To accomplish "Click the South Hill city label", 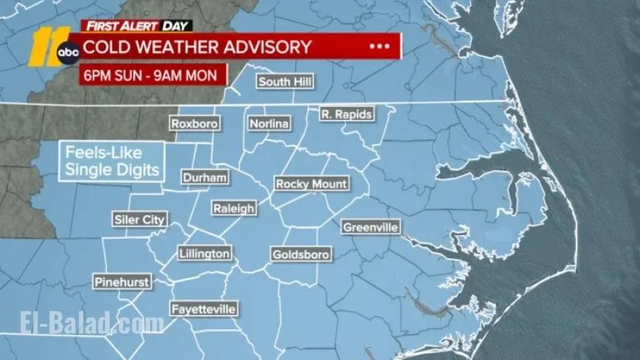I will click(x=285, y=82).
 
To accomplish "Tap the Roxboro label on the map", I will click(x=194, y=124).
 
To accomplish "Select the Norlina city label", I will click(x=269, y=124).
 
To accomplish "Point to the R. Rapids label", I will click(x=346, y=114).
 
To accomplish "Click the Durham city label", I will click(x=205, y=177).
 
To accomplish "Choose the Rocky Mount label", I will click(x=311, y=184).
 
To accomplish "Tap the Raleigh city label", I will click(x=234, y=208).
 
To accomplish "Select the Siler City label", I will click(x=140, y=219).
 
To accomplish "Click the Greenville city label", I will click(x=371, y=227).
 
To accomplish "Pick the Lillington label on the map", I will click(x=205, y=254).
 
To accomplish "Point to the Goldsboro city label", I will click(x=301, y=255).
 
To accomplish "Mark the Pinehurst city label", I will click(x=122, y=282).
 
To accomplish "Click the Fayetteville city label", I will click(x=204, y=309).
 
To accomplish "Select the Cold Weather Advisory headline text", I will click(x=196, y=46).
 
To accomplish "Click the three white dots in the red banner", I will click(x=379, y=46).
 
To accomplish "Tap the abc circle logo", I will click(x=68, y=52).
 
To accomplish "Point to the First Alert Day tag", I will click(x=137, y=26).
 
